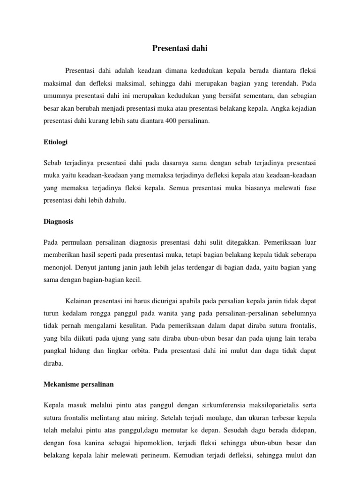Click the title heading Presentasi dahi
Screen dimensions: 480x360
tap(180, 47)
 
